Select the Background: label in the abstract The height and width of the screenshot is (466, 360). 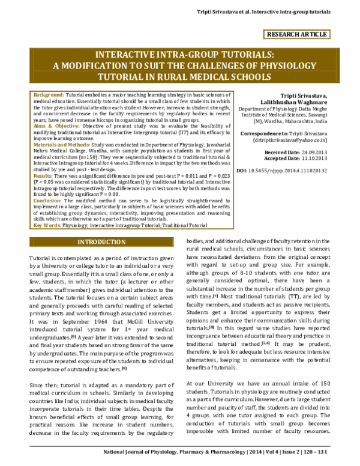49,95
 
